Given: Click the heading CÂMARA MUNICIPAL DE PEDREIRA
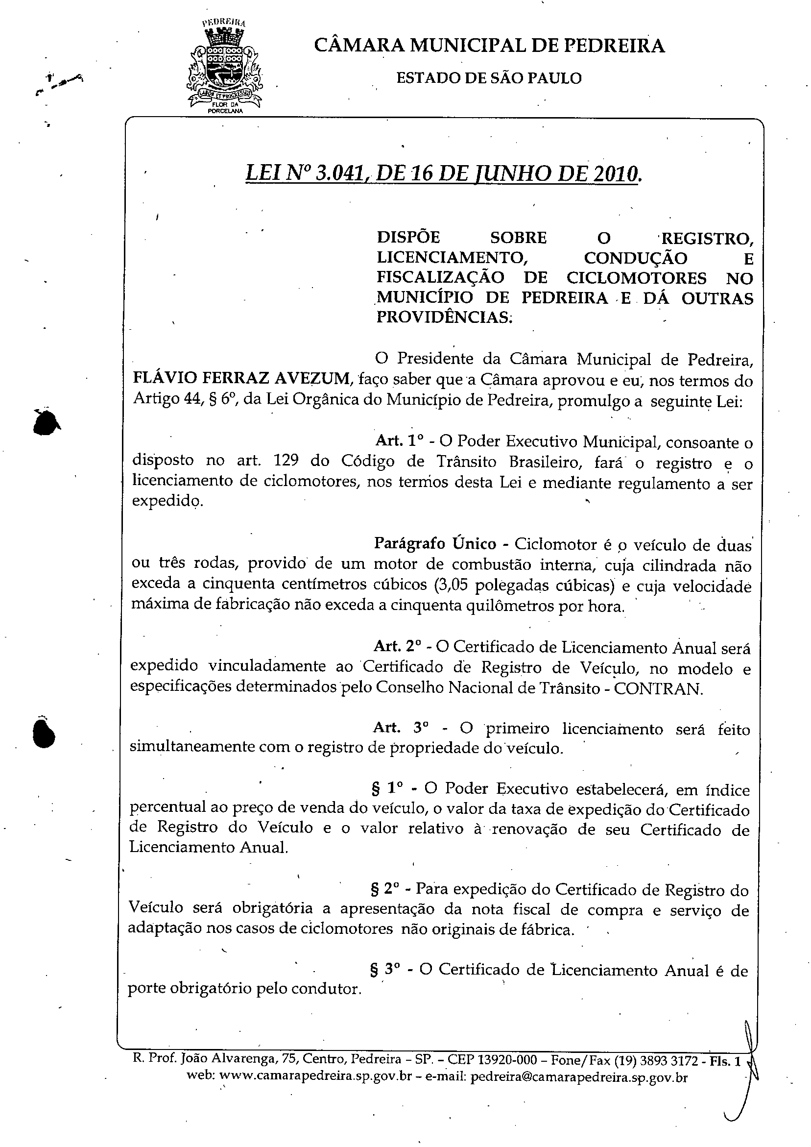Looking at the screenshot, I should [x=489, y=46].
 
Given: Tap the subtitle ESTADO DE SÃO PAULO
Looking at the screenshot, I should [x=489, y=78].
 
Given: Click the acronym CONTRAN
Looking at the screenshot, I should [x=658, y=688].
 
